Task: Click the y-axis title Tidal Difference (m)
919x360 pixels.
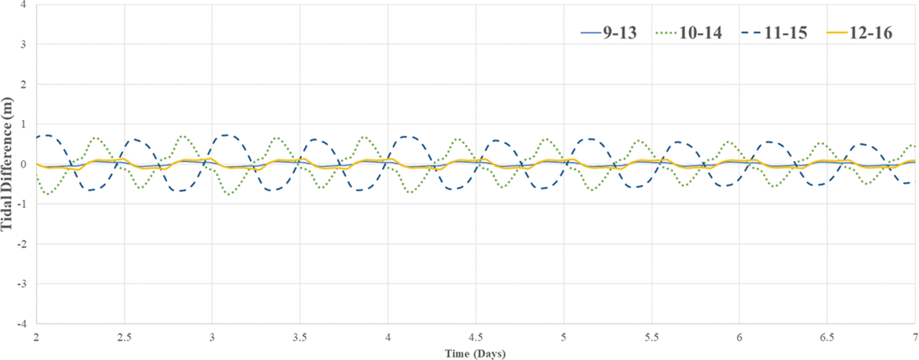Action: coord(6,164)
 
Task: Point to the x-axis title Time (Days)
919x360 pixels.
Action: coord(475,354)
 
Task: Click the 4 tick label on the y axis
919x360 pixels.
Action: coord(23,5)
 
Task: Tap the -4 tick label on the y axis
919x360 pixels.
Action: coord(21,324)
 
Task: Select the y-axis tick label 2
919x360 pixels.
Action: coord(23,85)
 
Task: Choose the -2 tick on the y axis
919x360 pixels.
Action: coord(21,244)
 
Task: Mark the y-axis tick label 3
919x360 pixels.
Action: coord(23,44)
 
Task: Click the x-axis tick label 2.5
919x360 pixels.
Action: coord(124,337)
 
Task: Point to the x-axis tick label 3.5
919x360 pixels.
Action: coord(300,337)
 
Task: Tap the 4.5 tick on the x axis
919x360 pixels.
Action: coord(476,337)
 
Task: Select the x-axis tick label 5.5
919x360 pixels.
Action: coord(651,337)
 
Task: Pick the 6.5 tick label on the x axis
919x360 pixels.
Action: coord(827,337)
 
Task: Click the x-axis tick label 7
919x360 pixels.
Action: coord(915,337)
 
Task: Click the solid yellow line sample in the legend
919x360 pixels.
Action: coord(837,33)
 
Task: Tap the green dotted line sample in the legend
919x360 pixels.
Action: coord(666,33)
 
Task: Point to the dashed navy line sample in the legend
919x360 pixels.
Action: coord(751,33)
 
